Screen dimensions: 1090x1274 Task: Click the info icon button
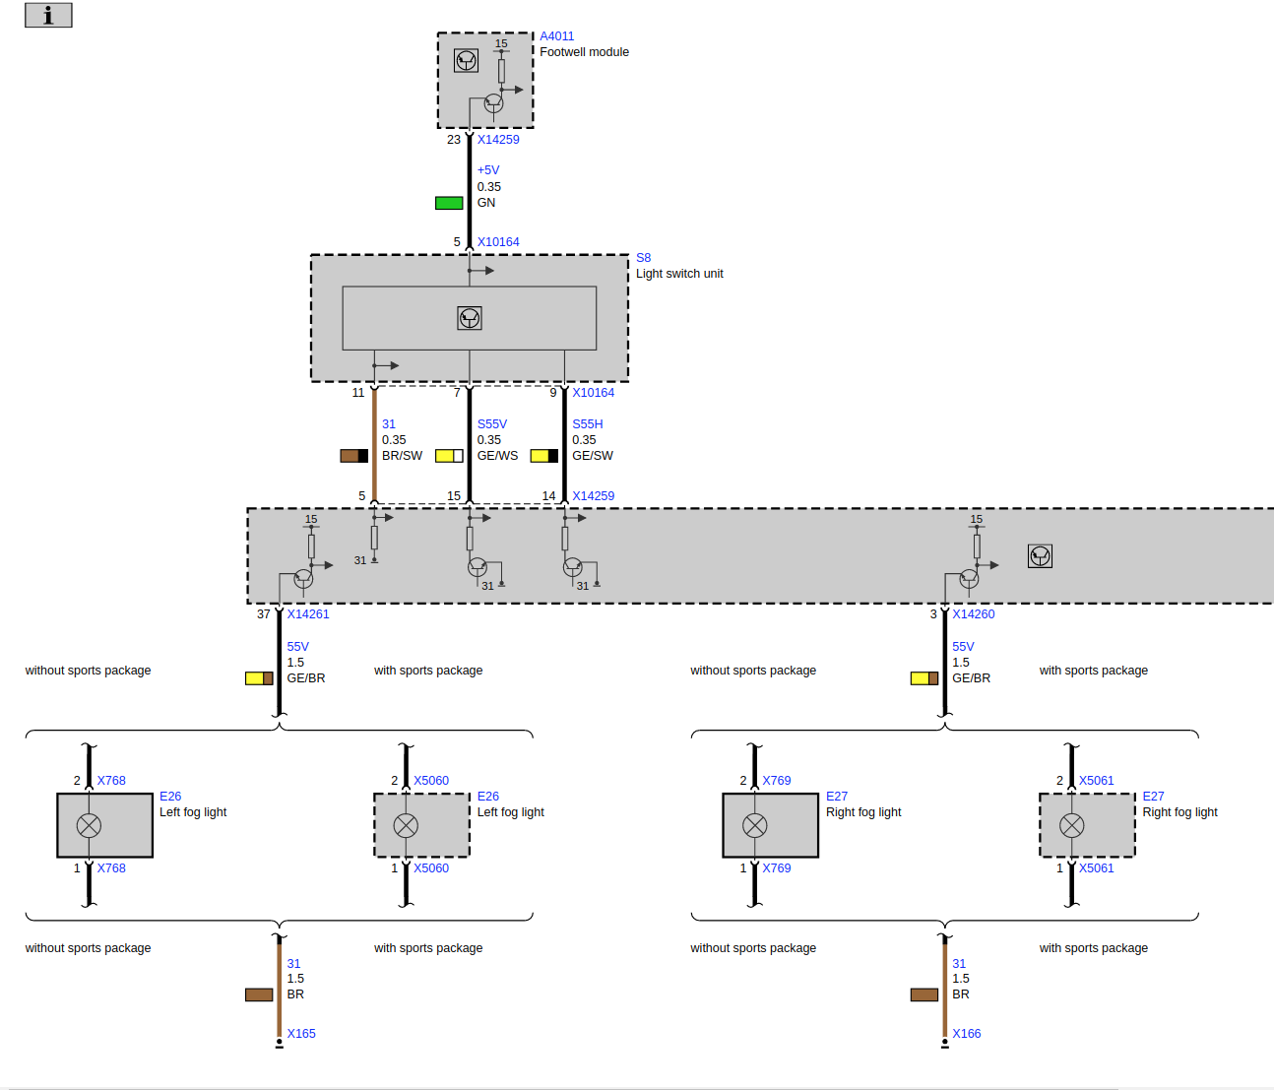48,15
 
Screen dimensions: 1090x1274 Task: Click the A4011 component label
556,36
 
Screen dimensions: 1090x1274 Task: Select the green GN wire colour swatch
449,203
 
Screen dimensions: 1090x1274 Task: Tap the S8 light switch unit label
643,258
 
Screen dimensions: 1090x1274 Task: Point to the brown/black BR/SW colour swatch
353,456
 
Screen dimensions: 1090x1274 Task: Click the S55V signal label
492,424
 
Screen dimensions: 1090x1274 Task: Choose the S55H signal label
588,424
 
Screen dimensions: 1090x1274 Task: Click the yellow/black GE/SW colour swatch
543,456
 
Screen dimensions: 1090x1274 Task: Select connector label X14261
308,614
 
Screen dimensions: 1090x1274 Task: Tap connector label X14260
974,614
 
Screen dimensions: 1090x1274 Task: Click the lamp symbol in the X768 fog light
89,825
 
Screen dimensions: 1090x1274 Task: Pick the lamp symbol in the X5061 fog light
1072,825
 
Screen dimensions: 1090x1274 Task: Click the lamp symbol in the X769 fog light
755,825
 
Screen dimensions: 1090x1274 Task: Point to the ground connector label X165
301,1034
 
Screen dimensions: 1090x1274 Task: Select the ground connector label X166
967,1034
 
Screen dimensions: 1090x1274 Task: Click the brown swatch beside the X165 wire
259,994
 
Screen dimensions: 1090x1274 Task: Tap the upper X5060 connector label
431,781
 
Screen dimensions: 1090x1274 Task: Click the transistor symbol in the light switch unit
470,318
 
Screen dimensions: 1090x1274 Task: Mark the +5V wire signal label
488,170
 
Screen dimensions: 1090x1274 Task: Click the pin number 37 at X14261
264,614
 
